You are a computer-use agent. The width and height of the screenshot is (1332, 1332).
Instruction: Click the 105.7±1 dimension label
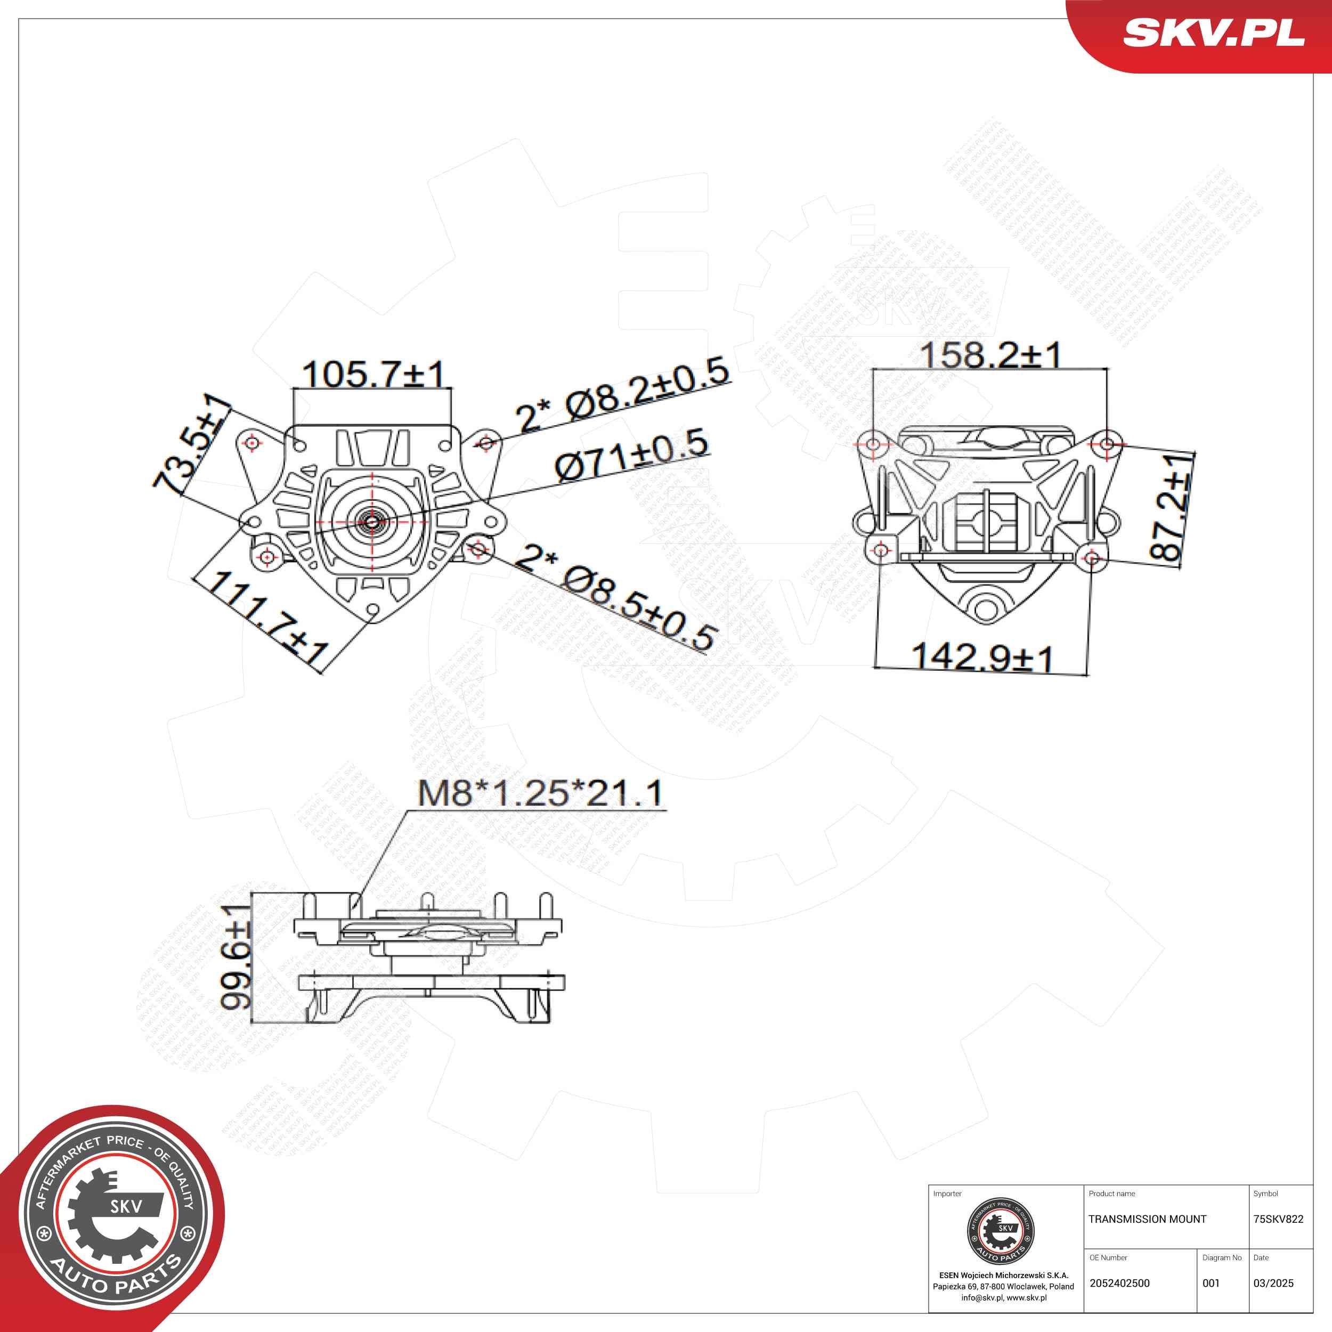[x=373, y=375]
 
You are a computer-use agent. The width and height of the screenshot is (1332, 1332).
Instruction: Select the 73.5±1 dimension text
[x=192, y=446]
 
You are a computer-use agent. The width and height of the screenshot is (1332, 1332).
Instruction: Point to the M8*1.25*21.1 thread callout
[x=540, y=793]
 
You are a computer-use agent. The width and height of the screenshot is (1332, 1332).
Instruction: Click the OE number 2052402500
[x=1119, y=1283]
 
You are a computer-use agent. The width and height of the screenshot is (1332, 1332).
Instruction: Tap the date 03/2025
[x=1273, y=1283]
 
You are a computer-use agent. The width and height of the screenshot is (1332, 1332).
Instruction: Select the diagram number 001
[x=1211, y=1283]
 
